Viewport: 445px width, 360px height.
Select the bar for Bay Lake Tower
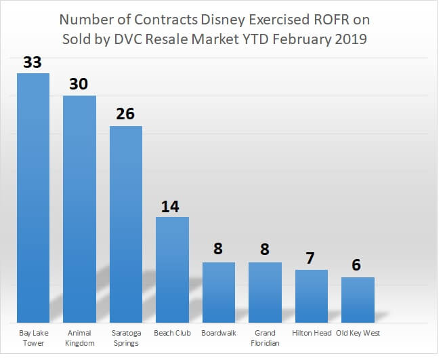coord(33,197)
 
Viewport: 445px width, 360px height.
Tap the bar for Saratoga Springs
coord(126,224)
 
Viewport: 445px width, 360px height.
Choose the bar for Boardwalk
coord(219,292)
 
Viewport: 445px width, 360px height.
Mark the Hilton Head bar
coord(312,296)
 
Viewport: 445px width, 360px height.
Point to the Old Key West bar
coord(358,300)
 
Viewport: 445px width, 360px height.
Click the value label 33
coord(33,62)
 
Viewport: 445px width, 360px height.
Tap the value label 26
coord(126,113)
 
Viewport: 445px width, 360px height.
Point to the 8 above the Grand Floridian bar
coord(266,249)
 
